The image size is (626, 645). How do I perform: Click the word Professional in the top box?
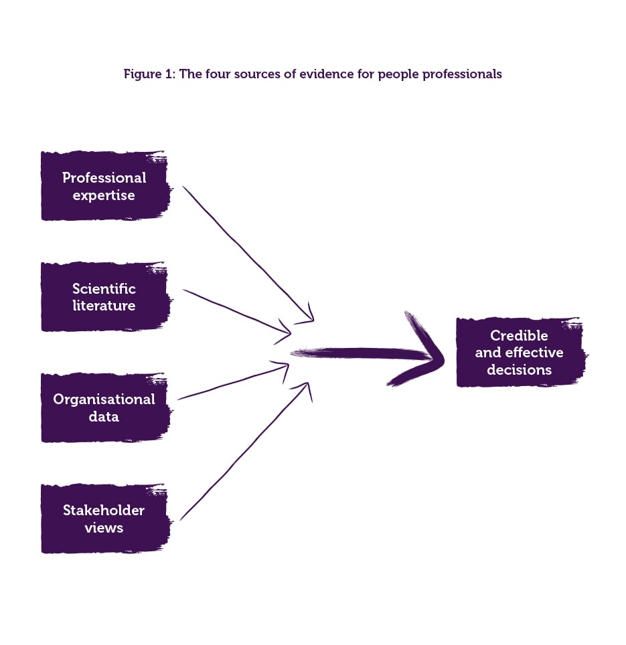104,177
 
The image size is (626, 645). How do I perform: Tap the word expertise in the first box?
104,195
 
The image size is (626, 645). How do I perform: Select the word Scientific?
104,288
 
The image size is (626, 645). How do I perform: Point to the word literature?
104,306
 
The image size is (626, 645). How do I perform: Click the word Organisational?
104,399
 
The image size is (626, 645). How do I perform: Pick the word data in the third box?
104,416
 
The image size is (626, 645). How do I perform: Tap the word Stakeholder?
104,510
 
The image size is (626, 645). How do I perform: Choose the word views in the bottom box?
104,527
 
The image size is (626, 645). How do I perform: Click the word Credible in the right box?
519,335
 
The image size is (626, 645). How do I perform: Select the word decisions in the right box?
519,370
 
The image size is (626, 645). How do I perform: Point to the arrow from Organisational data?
231,383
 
